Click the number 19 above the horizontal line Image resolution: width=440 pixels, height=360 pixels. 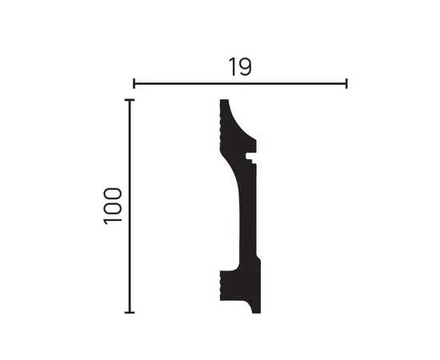240,66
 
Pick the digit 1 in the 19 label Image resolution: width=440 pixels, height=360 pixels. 233,66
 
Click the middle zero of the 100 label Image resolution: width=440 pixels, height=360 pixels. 113,208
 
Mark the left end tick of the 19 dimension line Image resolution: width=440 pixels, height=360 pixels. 134,84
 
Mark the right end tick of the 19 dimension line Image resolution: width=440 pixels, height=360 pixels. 347,84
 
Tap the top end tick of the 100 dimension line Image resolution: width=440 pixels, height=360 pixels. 130,100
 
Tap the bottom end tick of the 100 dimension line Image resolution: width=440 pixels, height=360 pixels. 130,312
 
